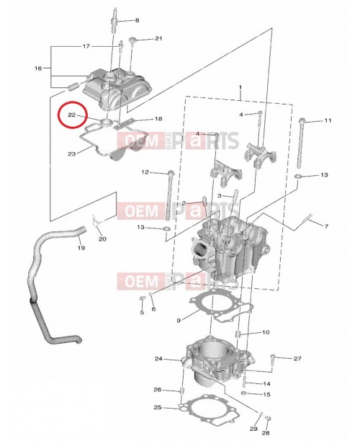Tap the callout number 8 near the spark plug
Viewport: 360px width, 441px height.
pyautogui.click(x=137, y=19)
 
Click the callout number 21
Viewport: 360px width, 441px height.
pyautogui.click(x=158, y=38)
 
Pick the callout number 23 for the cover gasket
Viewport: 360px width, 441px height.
pyautogui.click(x=71, y=153)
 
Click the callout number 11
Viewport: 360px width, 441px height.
pyautogui.click(x=327, y=120)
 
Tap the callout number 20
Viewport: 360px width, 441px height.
pyautogui.click(x=102, y=239)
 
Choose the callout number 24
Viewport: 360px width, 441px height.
pyautogui.click(x=158, y=358)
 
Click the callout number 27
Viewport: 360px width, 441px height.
pyautogui.click(x=297, y=358)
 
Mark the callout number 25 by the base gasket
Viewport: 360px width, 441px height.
pyautogui.click(x=158, y=408)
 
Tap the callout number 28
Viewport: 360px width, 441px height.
pyautogui.click(x=265, y=434)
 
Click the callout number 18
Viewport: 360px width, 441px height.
pyautogui.click(x=158, y=119)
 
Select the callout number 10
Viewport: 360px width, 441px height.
pyautogui.click(x=266, y=332)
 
